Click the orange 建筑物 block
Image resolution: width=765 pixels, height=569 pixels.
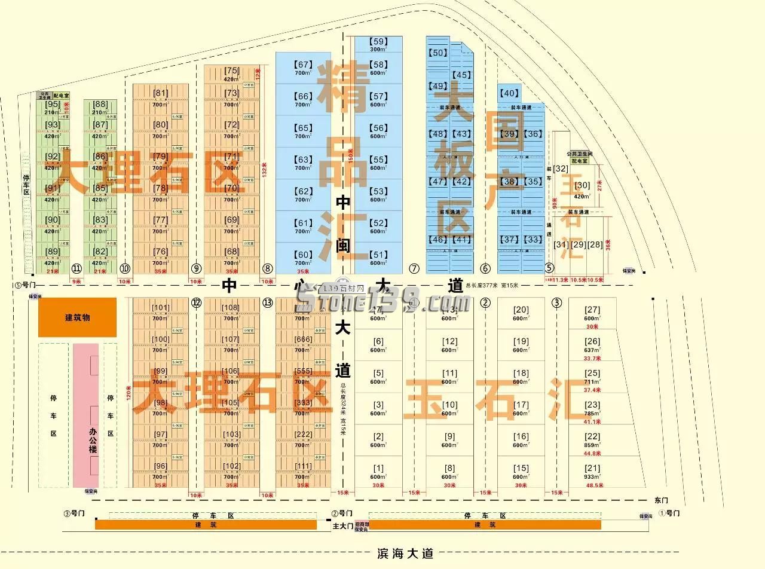pos(77,317)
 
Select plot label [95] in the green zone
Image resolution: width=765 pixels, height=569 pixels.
pos(53,105)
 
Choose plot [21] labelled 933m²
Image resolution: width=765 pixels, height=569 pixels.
pos(592,469)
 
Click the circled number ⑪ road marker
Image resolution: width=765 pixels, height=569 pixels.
pos(76,268)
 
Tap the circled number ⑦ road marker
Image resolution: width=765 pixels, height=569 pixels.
pos(414,268)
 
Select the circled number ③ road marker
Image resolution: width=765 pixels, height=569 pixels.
pos(557,302)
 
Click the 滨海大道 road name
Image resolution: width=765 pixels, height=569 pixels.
pos(405,553)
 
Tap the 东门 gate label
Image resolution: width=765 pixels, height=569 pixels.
pos(661,500)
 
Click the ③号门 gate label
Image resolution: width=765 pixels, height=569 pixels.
pos(74,513)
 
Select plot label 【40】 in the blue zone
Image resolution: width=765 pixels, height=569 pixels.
pos(509,93)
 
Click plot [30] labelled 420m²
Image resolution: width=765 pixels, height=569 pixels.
pos(582,186)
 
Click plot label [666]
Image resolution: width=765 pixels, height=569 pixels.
pos(303,339)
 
